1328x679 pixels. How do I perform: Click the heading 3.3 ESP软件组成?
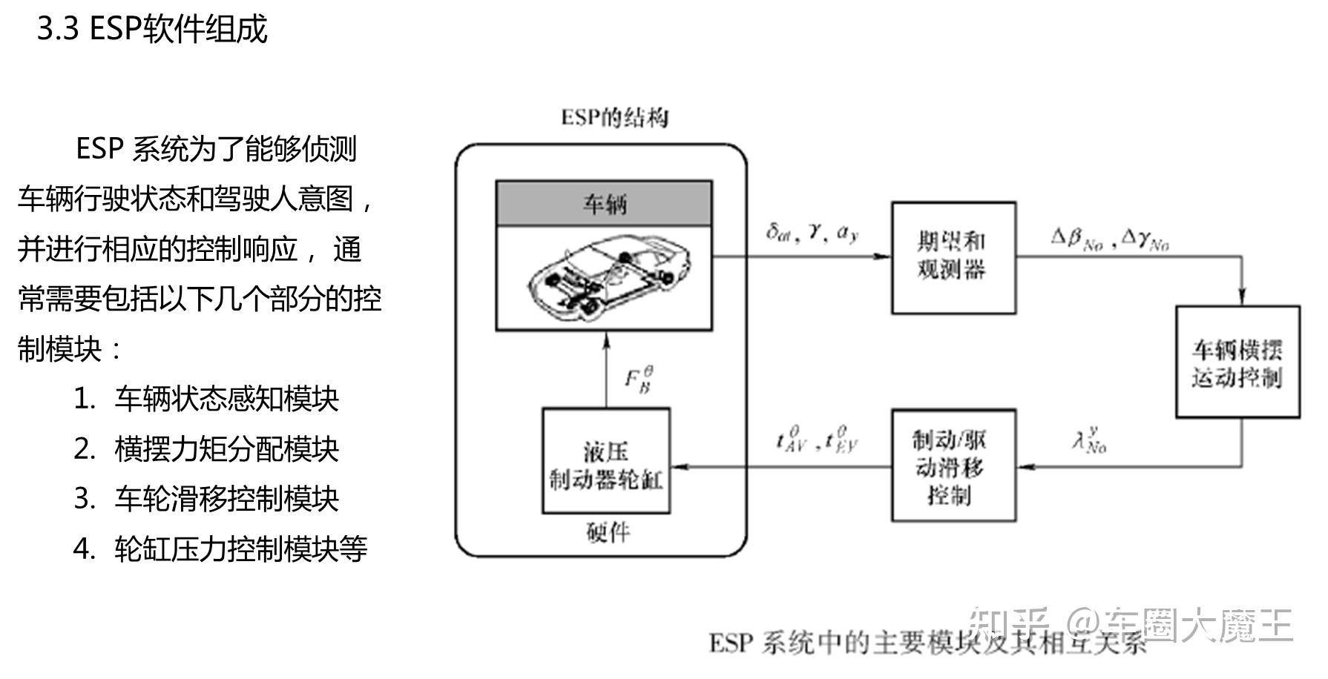(152, 30)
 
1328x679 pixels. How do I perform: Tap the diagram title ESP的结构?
(614, 118)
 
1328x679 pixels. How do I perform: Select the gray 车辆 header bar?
(604, 203)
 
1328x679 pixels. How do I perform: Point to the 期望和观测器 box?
(953, 257)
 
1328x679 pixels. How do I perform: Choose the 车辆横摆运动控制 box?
(1237, 362)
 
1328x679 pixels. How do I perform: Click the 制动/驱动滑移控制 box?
(953, 466)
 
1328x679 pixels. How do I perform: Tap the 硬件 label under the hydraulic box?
(608, 532)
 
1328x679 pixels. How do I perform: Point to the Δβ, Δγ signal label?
(1110, 239)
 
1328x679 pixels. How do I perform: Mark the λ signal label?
(1088, 441)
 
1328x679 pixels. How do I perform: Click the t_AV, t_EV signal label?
(816, 440)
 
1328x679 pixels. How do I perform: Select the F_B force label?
(639, 379)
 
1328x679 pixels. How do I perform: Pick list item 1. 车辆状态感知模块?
(206, 400)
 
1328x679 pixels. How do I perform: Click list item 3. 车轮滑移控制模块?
(206, 499)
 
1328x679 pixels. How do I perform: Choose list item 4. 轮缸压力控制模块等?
(220, 549)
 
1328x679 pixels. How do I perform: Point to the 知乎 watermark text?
(1010, 625)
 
